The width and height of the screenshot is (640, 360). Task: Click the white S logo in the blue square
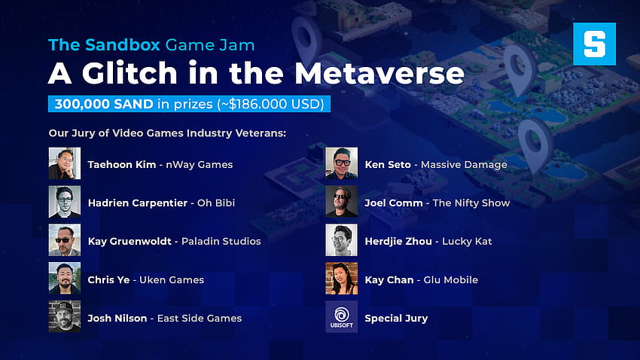click(594, 44)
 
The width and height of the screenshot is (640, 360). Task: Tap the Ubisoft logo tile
click(342, 317)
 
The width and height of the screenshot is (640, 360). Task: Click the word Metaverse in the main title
click(379, 73)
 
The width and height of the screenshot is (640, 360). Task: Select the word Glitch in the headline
click(130, 73)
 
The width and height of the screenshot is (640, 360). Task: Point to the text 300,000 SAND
click(104, 104)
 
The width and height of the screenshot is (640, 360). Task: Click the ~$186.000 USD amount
click(273, 104)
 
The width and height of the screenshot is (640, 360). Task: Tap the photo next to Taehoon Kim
click(65, 163)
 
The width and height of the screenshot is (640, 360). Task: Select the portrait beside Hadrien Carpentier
click(65, 202)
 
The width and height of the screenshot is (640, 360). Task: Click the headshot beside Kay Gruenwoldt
click(65, 240)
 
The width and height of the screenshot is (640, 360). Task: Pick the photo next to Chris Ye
click(65, 279)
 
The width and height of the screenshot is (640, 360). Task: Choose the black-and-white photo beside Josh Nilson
click(65, 317)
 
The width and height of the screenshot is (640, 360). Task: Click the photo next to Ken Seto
click(342, 163)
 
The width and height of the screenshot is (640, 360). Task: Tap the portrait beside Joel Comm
click(342, 202)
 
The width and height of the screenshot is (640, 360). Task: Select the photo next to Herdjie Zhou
click(342, 240)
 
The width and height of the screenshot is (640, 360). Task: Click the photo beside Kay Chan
click(342, 279)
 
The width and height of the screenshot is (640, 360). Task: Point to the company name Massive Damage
click(464, 165)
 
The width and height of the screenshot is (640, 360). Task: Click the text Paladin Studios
click(221, 241)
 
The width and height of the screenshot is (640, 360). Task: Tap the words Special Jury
click(396, 319)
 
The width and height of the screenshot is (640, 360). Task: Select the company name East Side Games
click(200, 319)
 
